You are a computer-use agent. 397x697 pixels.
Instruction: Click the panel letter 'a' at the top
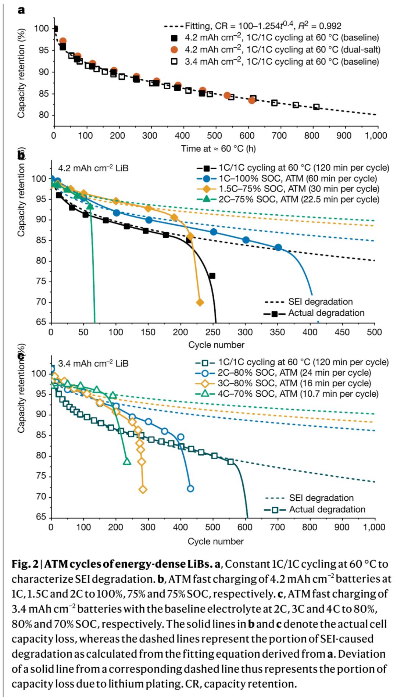pyautogui.click(x=21, y=10)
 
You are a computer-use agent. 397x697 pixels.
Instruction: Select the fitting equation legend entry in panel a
pyautogui.click(x=253, y=26)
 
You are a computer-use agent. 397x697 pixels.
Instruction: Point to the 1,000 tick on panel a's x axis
pyautogui.click(x=375, y=136)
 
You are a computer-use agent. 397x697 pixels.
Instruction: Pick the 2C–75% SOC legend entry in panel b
pyautogui.click(x=292, y=199)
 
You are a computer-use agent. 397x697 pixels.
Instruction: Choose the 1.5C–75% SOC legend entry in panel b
pyautogui.click(x=292, y=189)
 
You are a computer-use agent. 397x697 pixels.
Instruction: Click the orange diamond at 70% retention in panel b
pyautogui.click(x=200, y=303)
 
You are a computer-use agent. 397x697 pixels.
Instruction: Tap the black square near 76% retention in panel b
pyautogui.click(x=212, y=276)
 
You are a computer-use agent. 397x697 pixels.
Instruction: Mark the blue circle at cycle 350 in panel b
pyautogui.click(x=278, y=247)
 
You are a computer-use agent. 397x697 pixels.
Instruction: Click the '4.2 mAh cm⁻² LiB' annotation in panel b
pyautogui.click(x=93, y=169)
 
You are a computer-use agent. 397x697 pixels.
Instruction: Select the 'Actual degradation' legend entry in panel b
pyautogui.click(x=315, y=313)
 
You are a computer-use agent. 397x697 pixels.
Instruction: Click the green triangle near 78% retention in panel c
pyautogui.click(x=127, y=461)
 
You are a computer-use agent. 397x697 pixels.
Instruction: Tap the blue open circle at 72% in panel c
pyautogui.click(x=190, y=489)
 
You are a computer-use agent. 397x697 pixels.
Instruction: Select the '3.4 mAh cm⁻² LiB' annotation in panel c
pyautogui.click(x=93, y=364)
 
